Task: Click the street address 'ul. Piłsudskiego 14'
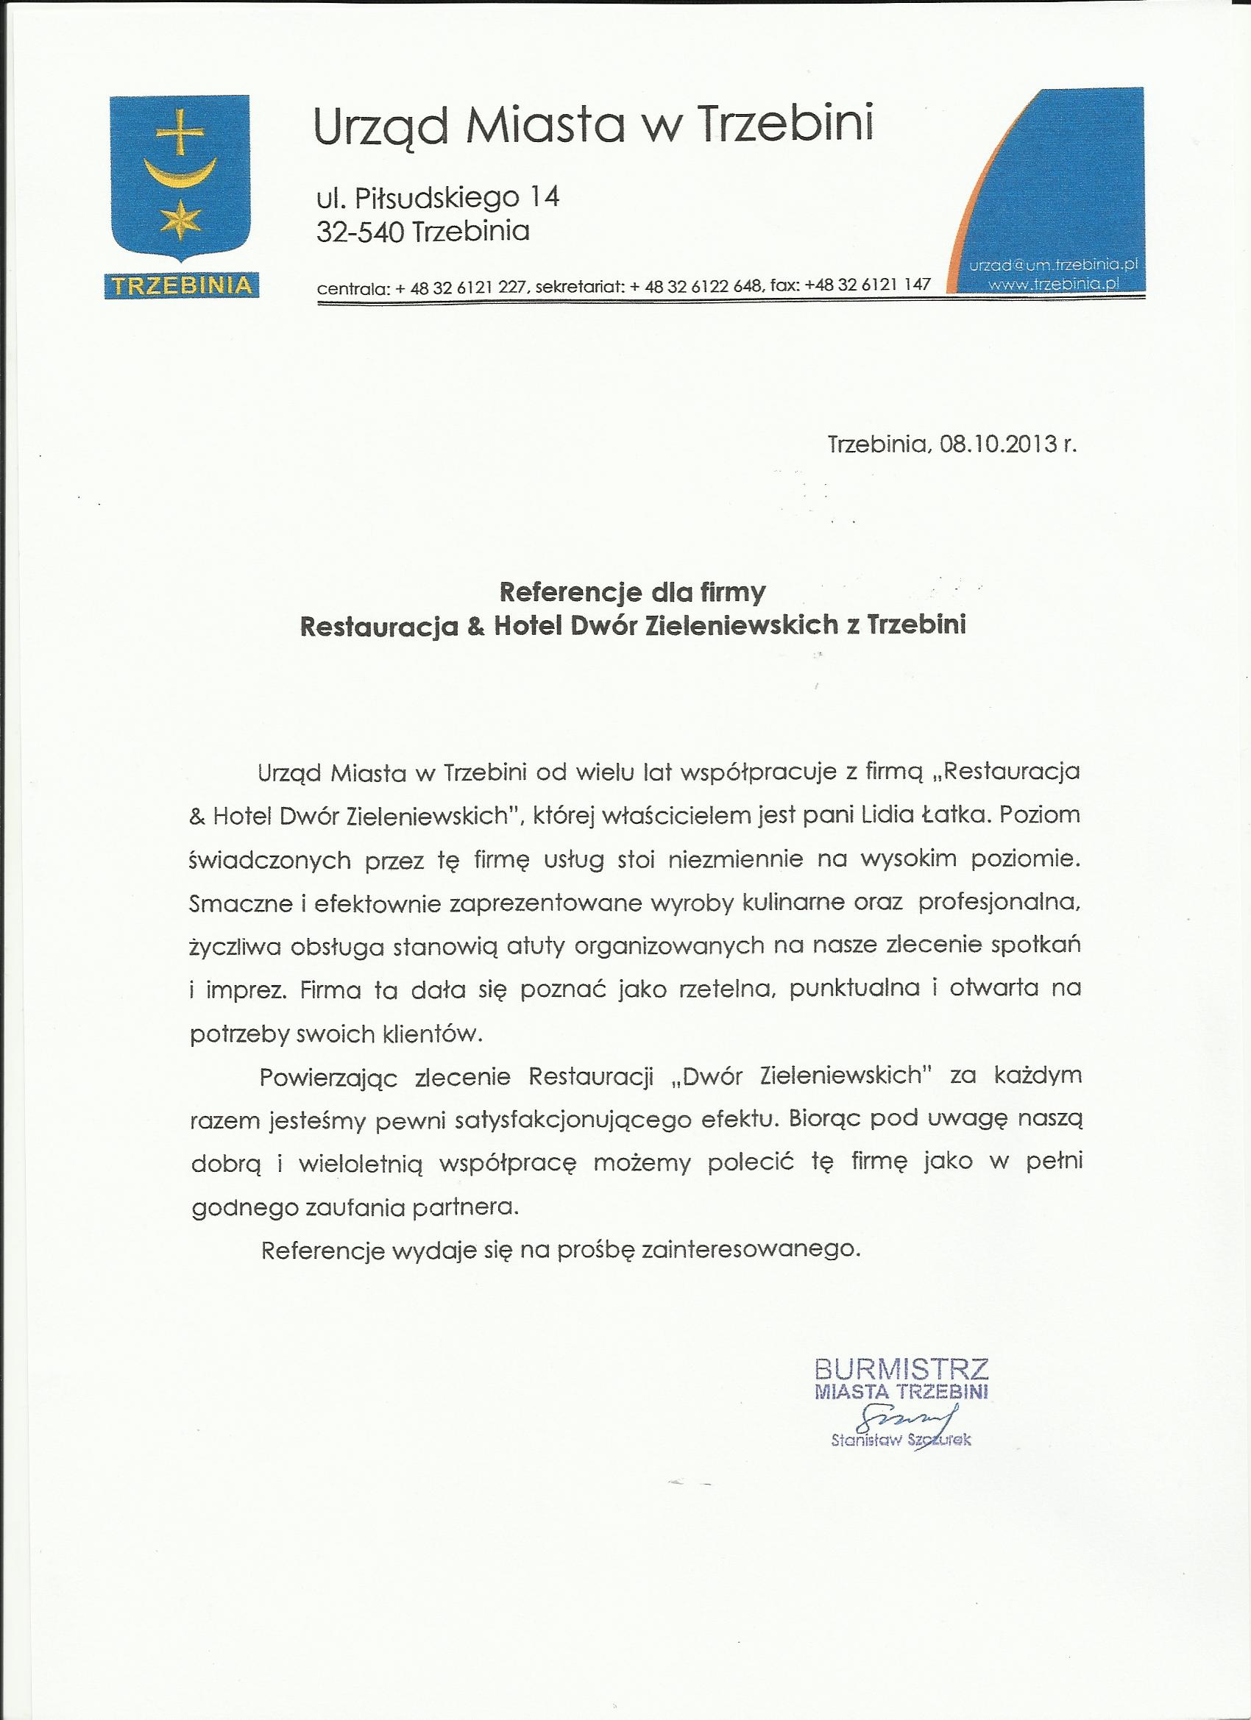(437, 199)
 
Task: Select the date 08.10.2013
(998, 444)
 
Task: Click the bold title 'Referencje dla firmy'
(632, 592)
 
